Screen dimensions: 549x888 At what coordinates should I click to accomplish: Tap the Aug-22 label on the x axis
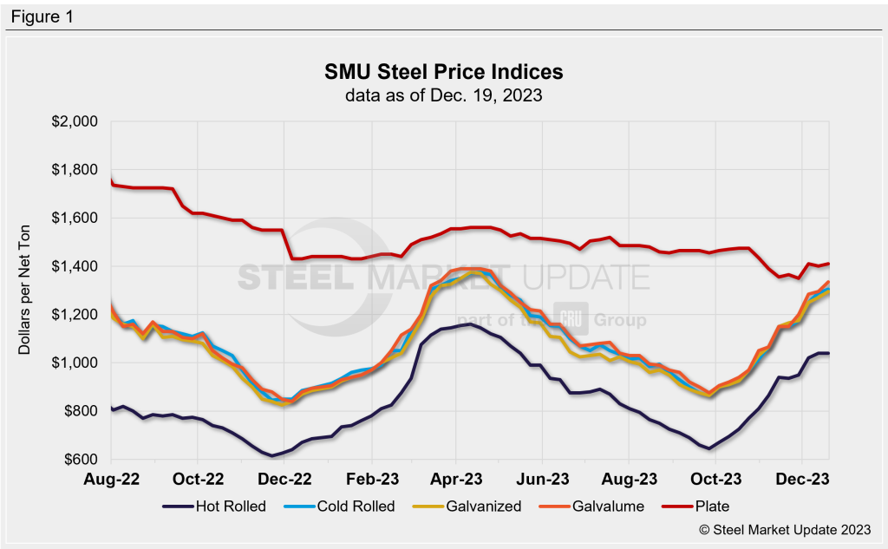click(x=112, y=478)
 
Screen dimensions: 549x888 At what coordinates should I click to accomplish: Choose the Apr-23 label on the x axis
click(x=456, y=478)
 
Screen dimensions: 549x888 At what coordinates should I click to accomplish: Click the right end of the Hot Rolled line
click(x=828, y=353)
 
